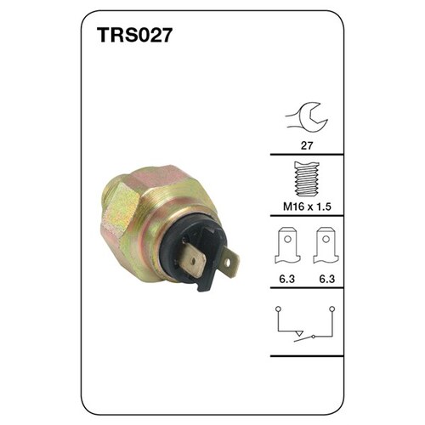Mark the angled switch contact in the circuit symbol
coord(298,332)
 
